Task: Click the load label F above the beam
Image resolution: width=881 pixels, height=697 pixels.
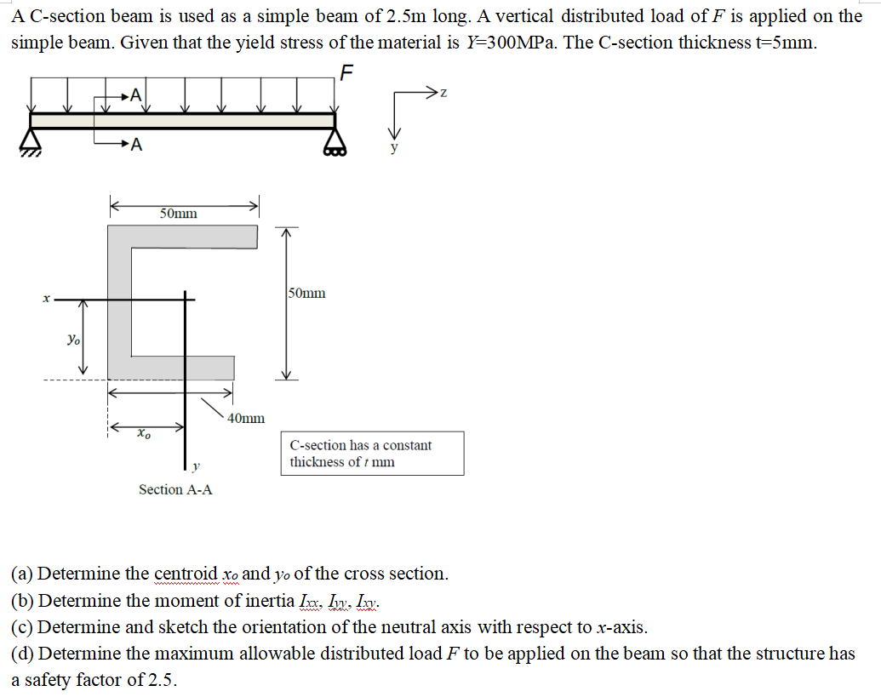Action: click(345, 71)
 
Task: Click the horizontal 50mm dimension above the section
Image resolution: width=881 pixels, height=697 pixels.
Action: click(179, 213)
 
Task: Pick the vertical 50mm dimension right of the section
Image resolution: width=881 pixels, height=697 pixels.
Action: click(306, 294)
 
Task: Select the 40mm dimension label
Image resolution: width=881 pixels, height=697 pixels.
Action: click(247, 418)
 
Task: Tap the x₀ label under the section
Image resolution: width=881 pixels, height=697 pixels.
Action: click(145, 434)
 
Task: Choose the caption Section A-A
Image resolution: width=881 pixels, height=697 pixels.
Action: click(175, 489)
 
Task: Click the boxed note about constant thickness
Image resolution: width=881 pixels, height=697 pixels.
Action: click(372, 454)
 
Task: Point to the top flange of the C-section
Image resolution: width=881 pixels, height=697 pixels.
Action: click(183, 237)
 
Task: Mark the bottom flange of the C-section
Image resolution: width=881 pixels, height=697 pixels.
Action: click(170, 368)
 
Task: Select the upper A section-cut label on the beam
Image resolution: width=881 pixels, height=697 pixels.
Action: click(137, 96)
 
